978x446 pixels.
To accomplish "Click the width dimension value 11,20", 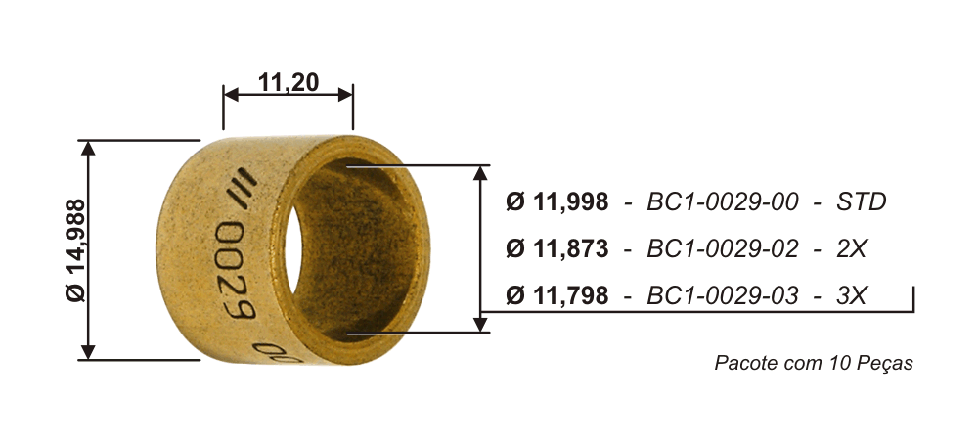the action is pyautogui.click(x=289, y=82).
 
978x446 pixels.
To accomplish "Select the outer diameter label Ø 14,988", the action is pyautogui.click(x=75, y=250).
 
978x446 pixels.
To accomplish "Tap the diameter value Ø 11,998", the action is pyautogui.click(x=557, y=202).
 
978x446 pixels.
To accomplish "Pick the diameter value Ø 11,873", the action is pyautogui.click(x=557, y=248).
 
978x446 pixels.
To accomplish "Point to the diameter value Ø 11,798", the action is pyautogui.click(x=557, y=295).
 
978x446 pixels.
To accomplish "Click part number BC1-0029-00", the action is pyautogui.click(x=723, y=202).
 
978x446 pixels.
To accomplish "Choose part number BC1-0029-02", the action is pyautogui.click(x=723, y=248).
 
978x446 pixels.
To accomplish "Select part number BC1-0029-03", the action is pyautogui.click(x=723, y=295).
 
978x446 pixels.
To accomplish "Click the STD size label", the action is pyautogui.click(x=862, y=202).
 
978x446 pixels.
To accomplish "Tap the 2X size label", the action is pyautogui.click(x=852, y=248).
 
